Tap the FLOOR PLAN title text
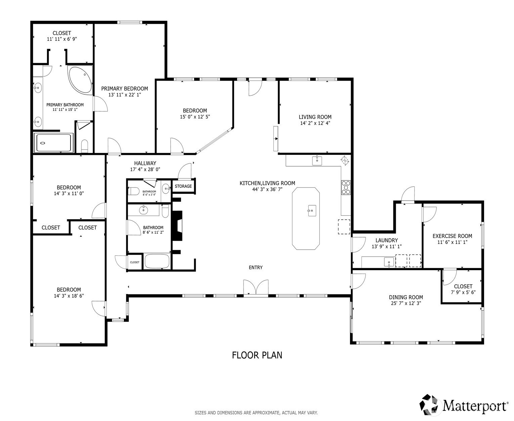[x=257, y=355]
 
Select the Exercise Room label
[x=452, y=236]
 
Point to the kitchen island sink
[x=312, y=211]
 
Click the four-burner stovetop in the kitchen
[x=346, y=187]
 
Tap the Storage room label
[x=183, y=186]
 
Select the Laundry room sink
[x=389, y=262]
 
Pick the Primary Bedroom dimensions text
[x=125, y=95]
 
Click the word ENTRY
[x=256, y=267]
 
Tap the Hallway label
[x=145, y=163]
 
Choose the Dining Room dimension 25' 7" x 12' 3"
[x=406, y=303]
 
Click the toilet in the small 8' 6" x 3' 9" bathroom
[x=134, y=191]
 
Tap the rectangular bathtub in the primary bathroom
[x=54, y=143]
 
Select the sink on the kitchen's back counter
[x=317, y=161]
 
